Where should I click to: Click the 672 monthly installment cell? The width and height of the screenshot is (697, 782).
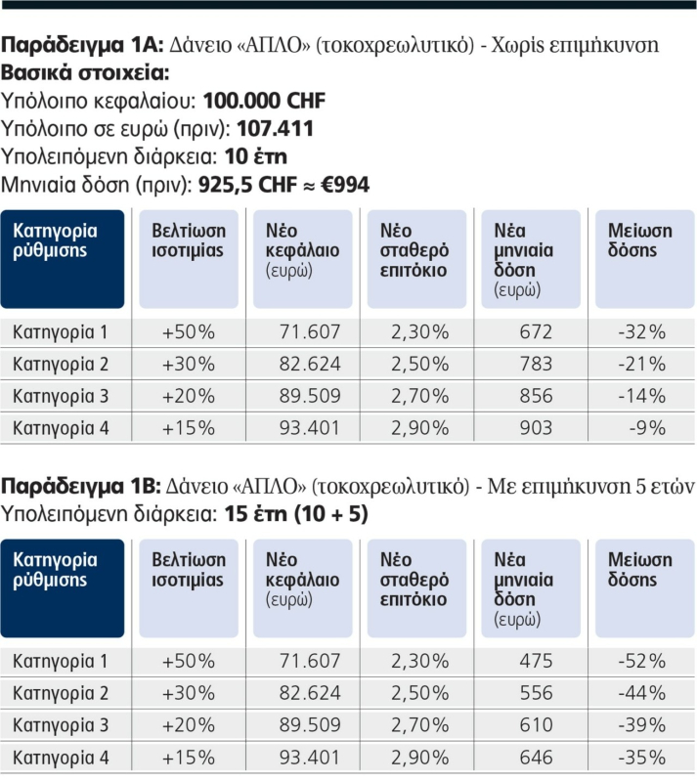[536, 332]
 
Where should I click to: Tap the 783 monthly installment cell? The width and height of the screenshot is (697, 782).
[536, 365]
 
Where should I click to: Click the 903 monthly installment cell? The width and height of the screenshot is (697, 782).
[536, 428]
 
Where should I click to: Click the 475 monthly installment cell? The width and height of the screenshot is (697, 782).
[536, 662]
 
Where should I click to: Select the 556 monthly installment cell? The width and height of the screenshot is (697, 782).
[536, 693]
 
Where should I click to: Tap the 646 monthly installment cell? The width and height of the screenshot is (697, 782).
[536, 757]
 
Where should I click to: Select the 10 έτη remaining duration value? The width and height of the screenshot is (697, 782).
[255, 156]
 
